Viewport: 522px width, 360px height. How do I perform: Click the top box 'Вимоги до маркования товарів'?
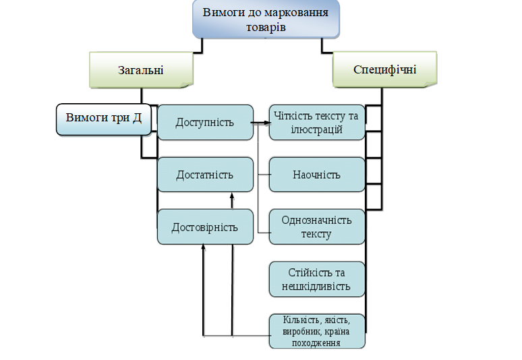[266, 20]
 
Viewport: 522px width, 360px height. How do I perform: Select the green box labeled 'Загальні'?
[141, 69]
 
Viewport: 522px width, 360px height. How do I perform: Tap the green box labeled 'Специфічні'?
[384, 69]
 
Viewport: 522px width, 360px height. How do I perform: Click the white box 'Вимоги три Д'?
[104, 119]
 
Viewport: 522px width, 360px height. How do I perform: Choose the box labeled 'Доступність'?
[204, 122]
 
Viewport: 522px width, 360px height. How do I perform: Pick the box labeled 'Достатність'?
[204, 175]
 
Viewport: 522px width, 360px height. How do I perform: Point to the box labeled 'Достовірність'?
[204, 227]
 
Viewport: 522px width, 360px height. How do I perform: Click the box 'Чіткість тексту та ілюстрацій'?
[316, 123]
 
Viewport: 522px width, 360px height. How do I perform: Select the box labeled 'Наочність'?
[316, 175]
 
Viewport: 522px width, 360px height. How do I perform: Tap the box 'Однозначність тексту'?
[316, 227]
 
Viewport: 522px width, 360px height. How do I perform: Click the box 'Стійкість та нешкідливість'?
[316, 279]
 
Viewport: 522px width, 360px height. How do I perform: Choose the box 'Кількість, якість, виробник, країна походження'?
[316, 331]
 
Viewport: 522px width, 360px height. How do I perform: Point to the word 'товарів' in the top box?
[266, 28]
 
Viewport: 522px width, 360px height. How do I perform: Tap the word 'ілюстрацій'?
[316, 130]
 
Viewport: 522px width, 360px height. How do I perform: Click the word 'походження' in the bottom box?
[316, 342]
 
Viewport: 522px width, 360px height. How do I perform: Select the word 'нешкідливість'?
[316, 287]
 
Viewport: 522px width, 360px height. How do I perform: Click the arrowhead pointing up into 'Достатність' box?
[232, 196]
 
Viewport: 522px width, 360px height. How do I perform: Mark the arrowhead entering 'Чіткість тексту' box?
[266, 123]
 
